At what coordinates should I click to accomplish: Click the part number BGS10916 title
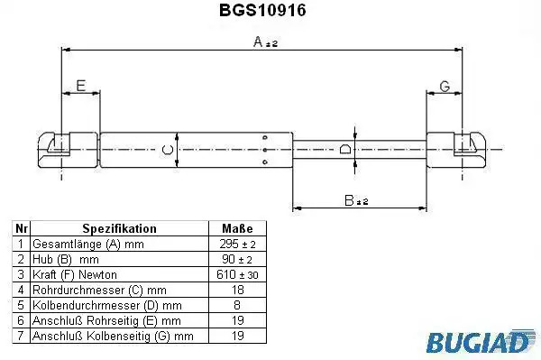tap(262, 10)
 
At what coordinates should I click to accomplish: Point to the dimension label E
tap(81, 86)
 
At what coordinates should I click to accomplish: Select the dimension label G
tap(445, 87)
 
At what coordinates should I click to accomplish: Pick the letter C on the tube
tap(168, 150)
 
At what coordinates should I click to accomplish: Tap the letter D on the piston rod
tap(345, 149)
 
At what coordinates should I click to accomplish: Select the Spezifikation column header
tap(119, 228)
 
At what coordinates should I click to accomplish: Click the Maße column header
tap(237, 228)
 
